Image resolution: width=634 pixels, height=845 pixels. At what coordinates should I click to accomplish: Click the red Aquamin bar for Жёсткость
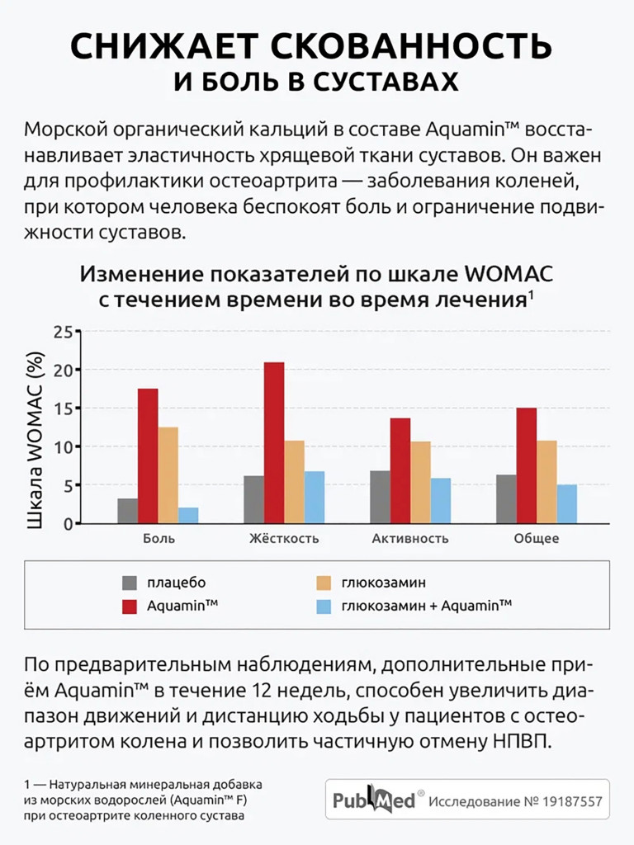pyautogui.click(x=274, y=442)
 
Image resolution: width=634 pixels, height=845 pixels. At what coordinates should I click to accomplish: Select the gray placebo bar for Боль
pyautogui.click(x=127, y=511)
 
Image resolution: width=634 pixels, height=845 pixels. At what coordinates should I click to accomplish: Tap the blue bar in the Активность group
pyautogui.click(x=441, y=501)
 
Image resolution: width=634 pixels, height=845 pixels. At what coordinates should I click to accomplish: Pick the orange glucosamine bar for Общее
pyautogui.click(x=546, y=482)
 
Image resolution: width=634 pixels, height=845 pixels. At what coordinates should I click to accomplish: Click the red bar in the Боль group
pyautogui.click(x=148, y=456)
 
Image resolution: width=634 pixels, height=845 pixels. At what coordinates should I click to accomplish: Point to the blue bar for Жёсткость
pyautogui.click(x=315, y=497)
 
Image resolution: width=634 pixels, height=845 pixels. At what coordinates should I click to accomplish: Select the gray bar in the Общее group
pyautogui.click(x=506, y=498)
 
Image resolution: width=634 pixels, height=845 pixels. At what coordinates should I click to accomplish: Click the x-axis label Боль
pyautogui.click(x=158, y=539)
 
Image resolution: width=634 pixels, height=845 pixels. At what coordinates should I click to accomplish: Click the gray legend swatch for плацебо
pyautogui.click(x=130, y=583)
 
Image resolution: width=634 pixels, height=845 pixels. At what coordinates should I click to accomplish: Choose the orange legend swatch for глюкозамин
pyautogui.click(x=325, y=583)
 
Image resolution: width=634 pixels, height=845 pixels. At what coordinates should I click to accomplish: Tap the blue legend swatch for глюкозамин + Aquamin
pyautogui.click(x=325, y=607)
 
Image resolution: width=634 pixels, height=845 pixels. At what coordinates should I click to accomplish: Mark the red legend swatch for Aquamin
pyautogui.click(x=130, y=607)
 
